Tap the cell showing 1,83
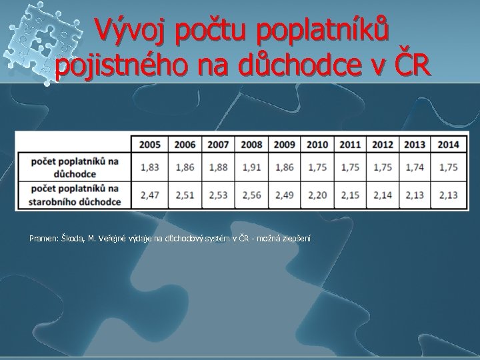coord(149,167)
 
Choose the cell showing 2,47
coord(149,195)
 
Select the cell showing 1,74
coord(415,167)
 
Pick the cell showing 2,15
coord(349,195)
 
